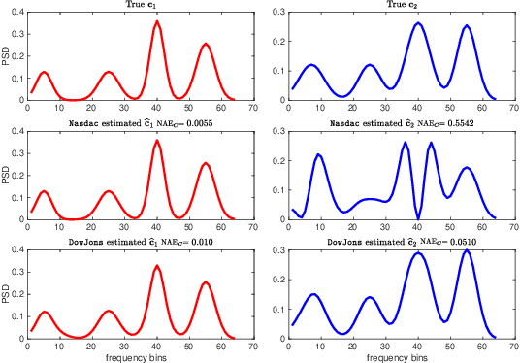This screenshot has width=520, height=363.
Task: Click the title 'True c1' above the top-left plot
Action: [140, 6]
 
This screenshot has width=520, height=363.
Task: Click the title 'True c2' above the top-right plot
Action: [401, 6]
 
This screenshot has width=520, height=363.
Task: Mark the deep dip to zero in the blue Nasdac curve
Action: [418, 217]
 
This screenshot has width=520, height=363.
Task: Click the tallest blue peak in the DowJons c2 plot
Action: [467, 250]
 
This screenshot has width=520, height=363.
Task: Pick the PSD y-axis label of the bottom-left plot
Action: [7, 291]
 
